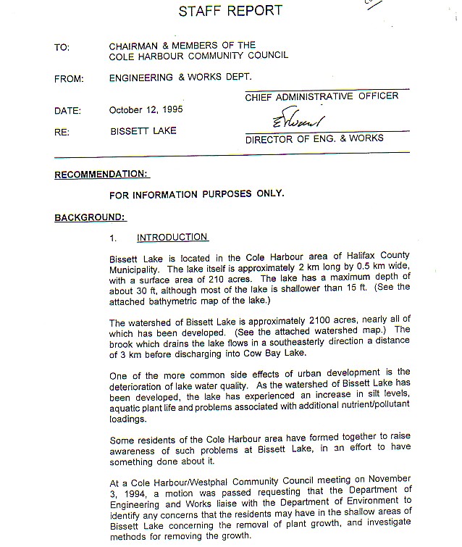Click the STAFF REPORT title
pyautogui.click(x=230, y=11)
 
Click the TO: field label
pyautogui.click(x=62, y=48)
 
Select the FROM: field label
pyautogui.click(x=69, y=79)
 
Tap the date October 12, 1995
pyautogui.click(x=146, y=111)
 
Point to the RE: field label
pyautogui.click(x=62, y=132)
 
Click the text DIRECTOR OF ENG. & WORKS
pyautogui.click(x=314, y=138)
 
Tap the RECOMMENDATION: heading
pyautogui.click(x=101, y=174)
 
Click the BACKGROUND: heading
pyautogui.click(x=91, y=217)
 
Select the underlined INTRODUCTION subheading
pyautogui.click(x=172, y=238)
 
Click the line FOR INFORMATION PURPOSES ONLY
pyautogui.click(x=196, y=195)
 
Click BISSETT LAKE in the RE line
pyautogui.click(x=143, y=132)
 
